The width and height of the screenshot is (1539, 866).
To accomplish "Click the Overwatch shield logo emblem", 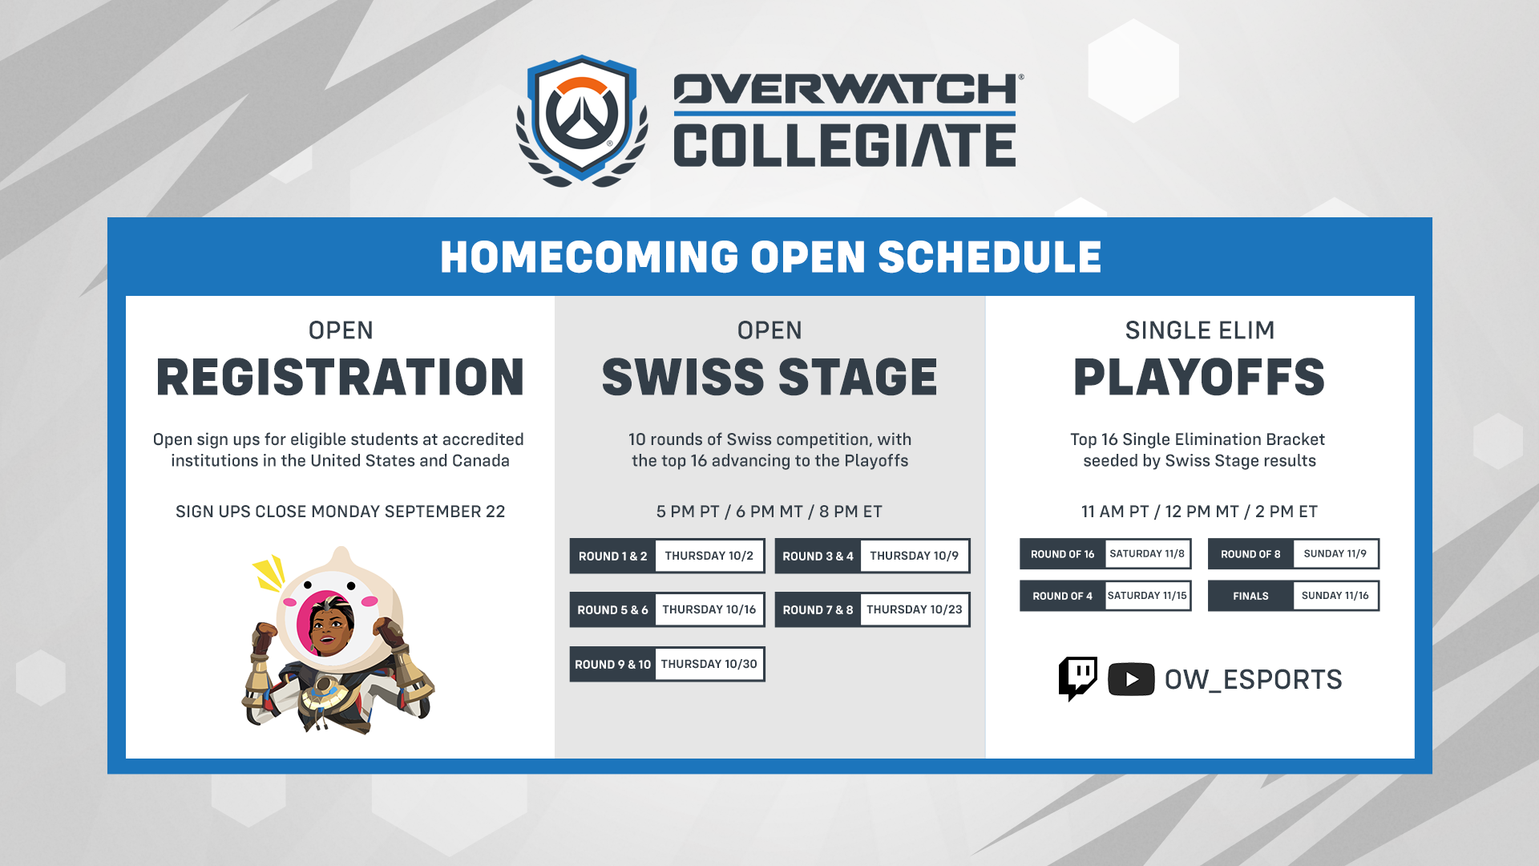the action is point(582,120).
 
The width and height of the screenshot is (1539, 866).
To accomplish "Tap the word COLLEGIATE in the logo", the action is point(845,145).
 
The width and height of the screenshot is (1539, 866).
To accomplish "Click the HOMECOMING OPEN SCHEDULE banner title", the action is point(770,257).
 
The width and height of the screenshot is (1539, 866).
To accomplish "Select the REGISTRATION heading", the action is point(340,377).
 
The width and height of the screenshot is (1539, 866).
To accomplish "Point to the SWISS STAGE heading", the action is point(769,377).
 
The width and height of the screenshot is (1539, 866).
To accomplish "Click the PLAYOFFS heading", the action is point(1199,377).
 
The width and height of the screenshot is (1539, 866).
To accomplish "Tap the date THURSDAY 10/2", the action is point(709,556).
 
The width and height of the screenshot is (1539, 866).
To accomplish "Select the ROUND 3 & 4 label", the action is point(818,556).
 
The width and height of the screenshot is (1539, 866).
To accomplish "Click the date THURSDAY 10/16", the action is point(709,609).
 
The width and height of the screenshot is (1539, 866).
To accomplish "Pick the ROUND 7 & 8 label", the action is point(818,610).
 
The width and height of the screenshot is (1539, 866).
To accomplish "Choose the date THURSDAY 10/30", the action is point(709,664).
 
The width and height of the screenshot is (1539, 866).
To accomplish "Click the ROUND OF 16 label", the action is point(1062,554).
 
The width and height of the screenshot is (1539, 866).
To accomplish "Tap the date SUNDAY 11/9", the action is point(1335,553).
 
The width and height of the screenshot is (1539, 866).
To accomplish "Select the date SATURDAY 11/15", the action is point(1147,596).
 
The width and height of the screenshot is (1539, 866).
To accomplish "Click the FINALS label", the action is point(1250,596).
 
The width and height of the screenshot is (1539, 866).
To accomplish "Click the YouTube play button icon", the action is point(1131,679).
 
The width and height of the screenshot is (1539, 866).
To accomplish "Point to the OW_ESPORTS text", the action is point(1253,680).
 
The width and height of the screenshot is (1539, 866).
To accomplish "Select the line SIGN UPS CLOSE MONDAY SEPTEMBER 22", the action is point(341,512).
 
